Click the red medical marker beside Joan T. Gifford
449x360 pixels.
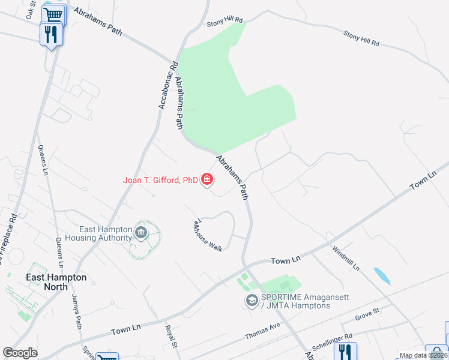[207, 179]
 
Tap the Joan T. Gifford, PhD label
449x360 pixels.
[160, 179]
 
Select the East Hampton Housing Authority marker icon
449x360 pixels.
[140, 233]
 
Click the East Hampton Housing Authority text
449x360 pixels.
[106, 233]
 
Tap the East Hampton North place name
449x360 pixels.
[56, 282]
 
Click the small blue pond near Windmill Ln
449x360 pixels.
[381, 275]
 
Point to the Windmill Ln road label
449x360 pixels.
[349, 258]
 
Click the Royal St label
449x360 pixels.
[172, 337]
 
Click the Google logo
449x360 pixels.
[20, 353]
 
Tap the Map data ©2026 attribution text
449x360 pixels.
[423, 355]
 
